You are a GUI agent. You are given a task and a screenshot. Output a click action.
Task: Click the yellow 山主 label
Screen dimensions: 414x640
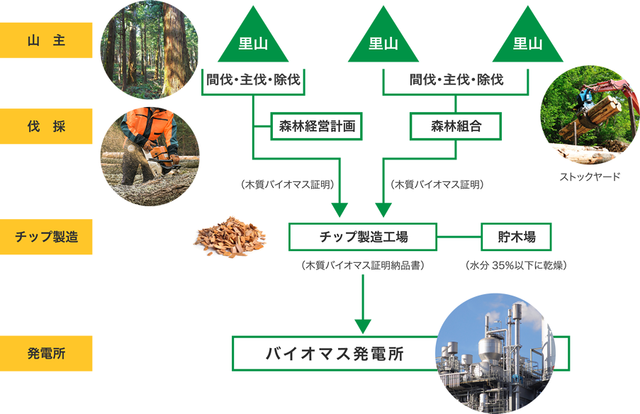click(x=46, y=40)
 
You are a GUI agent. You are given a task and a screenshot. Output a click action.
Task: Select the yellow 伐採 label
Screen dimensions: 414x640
click(x=46, y=127)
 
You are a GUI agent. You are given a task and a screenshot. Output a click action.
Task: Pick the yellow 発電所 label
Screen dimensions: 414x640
click(x=46, y=353)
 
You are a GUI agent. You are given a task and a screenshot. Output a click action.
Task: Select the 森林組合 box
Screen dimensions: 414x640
click(x=456, y=127)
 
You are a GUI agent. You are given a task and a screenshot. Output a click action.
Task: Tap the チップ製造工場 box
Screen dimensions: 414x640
click(x=362, y=237)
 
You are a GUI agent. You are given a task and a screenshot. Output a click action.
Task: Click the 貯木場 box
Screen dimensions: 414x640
click(x=516, y=237)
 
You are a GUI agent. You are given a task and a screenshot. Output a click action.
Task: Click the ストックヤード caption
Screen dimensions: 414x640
click(x=590, y=177)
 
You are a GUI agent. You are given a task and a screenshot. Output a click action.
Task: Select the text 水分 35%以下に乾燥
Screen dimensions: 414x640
click(x=516, y=266)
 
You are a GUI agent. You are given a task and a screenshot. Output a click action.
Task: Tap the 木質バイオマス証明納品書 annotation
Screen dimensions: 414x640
click(x=363, y=266)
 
